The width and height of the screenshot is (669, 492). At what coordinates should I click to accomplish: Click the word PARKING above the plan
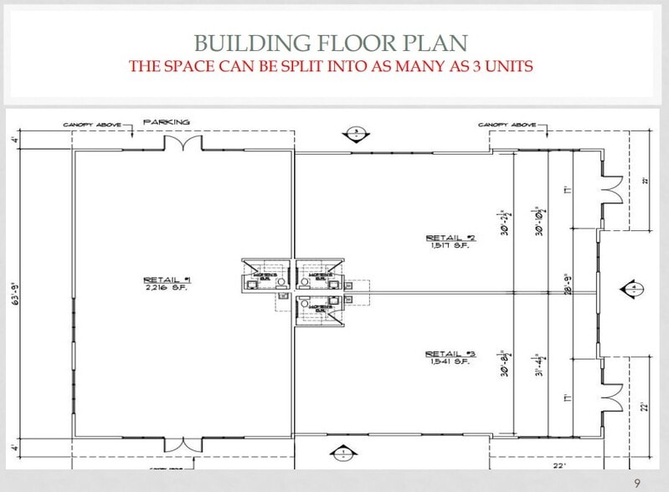[x=166, y=122]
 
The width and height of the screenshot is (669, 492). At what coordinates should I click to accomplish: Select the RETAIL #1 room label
[x=167, y=279]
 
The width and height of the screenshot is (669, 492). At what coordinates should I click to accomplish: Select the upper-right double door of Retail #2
[x=610, y=190]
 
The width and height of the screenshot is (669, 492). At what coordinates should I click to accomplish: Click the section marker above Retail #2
[x=356, y=132]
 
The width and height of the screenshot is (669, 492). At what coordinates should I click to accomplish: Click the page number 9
[x=637, y=483]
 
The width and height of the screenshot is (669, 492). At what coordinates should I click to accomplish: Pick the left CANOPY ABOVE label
[x=92, y=126]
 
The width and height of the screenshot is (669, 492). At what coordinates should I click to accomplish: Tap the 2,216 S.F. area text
[x=167, y=287]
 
